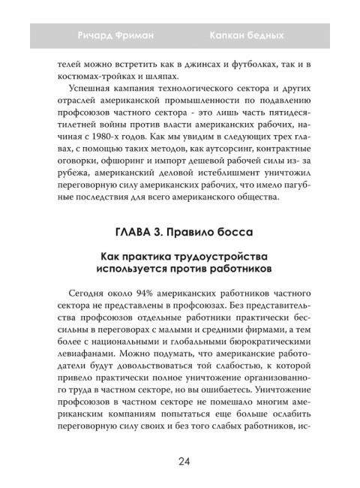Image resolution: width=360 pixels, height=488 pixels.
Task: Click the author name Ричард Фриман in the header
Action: (116, 35)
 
